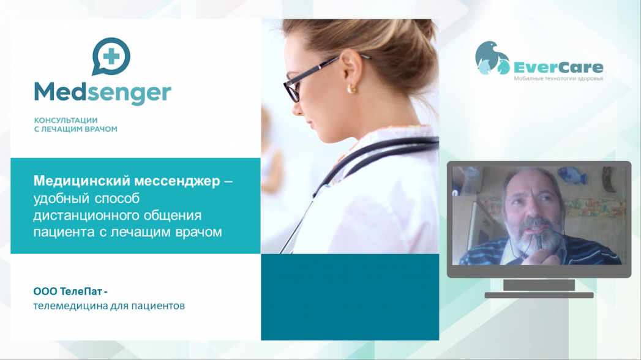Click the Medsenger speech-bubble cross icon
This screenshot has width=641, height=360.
[111, 56]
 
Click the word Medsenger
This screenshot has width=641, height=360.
[102, 93]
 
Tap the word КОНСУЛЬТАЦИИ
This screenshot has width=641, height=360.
[66, 120]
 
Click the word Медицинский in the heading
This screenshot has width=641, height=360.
[82, 181]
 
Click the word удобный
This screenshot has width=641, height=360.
[62, 198]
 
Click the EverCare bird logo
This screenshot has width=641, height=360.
[492, 58]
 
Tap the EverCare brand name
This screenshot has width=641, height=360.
[558, 67]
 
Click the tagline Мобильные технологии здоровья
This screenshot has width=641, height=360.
[558, 78]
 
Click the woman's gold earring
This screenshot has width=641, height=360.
[351, 88]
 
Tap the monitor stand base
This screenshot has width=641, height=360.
[539, 295]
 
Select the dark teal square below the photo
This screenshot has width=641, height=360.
[350, 297]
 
